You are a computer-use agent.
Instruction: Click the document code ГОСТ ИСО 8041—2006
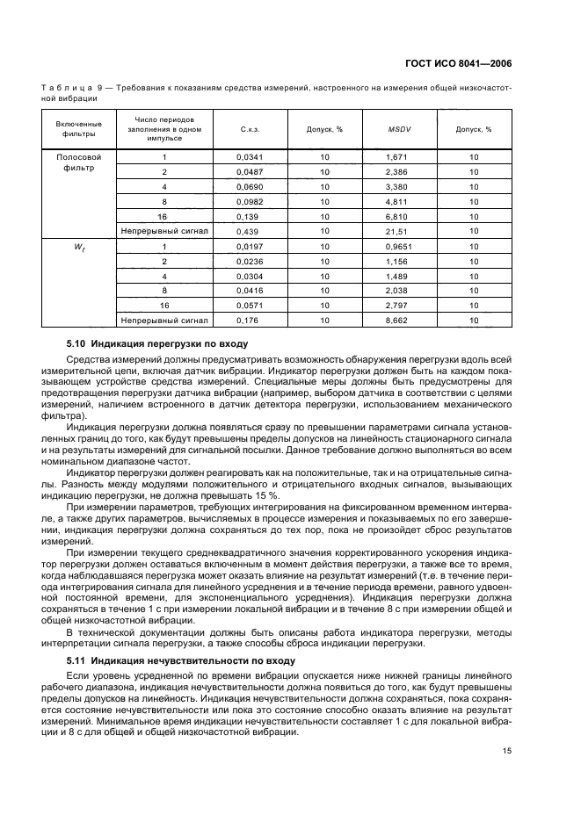(458, 63)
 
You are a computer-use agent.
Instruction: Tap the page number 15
(507, 750)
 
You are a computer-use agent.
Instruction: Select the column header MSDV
(399, 129)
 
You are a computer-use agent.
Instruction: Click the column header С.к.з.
(250, 129)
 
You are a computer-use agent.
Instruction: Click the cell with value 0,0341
(250, 157)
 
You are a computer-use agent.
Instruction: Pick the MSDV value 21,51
(399, 231)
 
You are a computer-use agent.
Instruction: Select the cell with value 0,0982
(250, 201)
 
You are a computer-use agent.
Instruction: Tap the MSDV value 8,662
(399, 321)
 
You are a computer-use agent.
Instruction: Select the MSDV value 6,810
(399, 216)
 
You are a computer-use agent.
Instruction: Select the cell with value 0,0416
(250, 292)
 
